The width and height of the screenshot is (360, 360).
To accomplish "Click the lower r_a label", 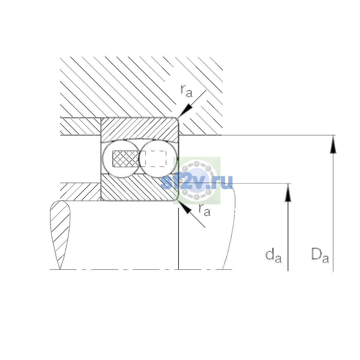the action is [x=204, y=210].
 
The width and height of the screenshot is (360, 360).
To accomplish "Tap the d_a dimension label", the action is [x=273, y=255].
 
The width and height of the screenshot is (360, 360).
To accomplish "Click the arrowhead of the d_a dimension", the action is [x=288, y=193].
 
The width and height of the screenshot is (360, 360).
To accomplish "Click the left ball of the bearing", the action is [x=121, y=159].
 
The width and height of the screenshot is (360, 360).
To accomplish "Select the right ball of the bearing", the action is [x=158, y=159].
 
